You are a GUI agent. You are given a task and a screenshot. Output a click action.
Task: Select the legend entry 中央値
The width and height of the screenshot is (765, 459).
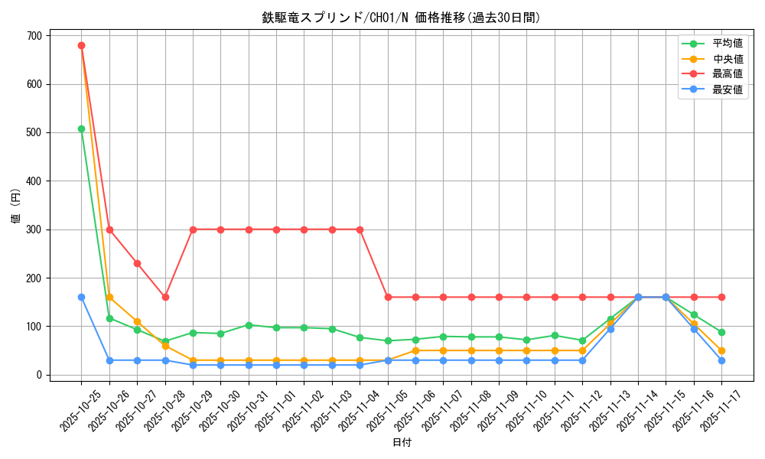pyautogui.click(x=727, y=59)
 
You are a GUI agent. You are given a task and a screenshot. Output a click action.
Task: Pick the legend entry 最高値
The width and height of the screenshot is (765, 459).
pyautogui.click(x=727, y=74)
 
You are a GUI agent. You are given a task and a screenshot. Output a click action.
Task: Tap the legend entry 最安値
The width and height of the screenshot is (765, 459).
pyautogui.click(x=727, y=90)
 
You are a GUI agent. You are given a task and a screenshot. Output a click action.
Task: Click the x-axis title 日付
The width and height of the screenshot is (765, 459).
pyautogui.click(x=402, y=443)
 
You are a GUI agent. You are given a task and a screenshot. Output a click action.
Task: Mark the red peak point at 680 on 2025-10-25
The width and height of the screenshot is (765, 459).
pyautogui.click(x=81, y=45)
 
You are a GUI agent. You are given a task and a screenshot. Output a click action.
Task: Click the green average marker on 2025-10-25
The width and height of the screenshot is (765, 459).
pyautogui.click(x=81, y=129)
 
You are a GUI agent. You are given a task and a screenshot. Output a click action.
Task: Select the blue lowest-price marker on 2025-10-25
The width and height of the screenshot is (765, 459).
pyautogui.click(x=81, y=297)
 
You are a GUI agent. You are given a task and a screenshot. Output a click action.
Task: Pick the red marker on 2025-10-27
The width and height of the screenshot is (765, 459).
pyautogui.click(x=137, y=263)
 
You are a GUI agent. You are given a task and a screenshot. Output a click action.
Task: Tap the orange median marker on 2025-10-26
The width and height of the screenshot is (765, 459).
pyautogui.click(x=109, y=297)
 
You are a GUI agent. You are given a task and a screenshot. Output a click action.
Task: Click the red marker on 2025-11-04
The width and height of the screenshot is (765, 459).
pyautogui.click(x=360, y=229)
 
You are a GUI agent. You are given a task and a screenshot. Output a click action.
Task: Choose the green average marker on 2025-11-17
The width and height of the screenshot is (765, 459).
pyautogui.click(x=721, y=332)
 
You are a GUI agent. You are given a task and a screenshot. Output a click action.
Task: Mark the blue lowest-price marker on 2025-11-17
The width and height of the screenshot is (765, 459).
pyautogui.click(x=721, y=360)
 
